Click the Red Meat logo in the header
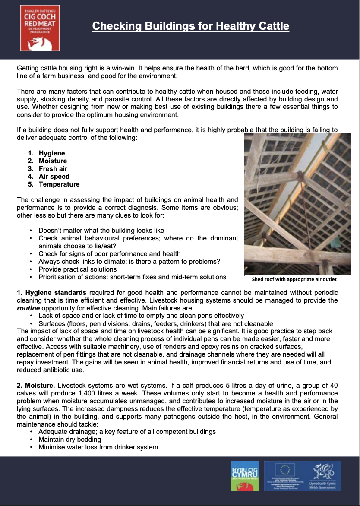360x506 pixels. (x=40, y=28)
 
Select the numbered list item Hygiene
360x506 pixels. (x=52, y=153)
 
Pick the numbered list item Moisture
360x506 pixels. (x=53, y=161)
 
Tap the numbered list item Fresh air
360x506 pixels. (x=53, y=169)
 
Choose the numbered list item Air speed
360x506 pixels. (x=54, y=177)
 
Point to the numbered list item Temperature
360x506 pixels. (x=59, y=184)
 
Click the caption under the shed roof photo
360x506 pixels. (x=294, y=279)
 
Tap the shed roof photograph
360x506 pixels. (x=297, y=204)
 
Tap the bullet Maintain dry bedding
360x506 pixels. (x=69, y=439)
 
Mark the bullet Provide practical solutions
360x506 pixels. (x=78, y=269)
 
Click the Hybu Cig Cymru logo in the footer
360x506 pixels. (x=245, y=476)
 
